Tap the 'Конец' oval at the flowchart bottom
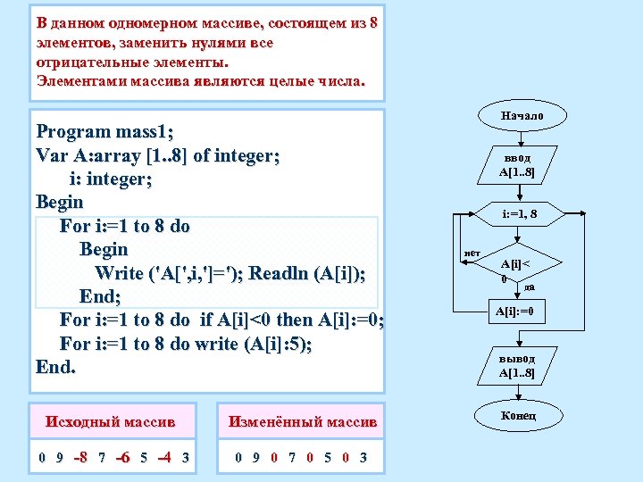(x=518, y=416)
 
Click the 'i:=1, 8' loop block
(x=519, y=214)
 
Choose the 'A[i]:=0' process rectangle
(x=514, y=312)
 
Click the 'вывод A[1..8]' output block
(x=517, y=365)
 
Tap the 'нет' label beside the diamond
(x=473, y=254)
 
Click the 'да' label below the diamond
(x=530, y=287)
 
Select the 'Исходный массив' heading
(x=110, y=420)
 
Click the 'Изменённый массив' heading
(x=303, y=420)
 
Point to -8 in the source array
(x=79, y=458)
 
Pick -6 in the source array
(x=122, y=458)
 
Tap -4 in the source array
(x=164, y=458)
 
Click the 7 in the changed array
(x=292, y=458)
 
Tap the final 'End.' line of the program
(x=55, y=367)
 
